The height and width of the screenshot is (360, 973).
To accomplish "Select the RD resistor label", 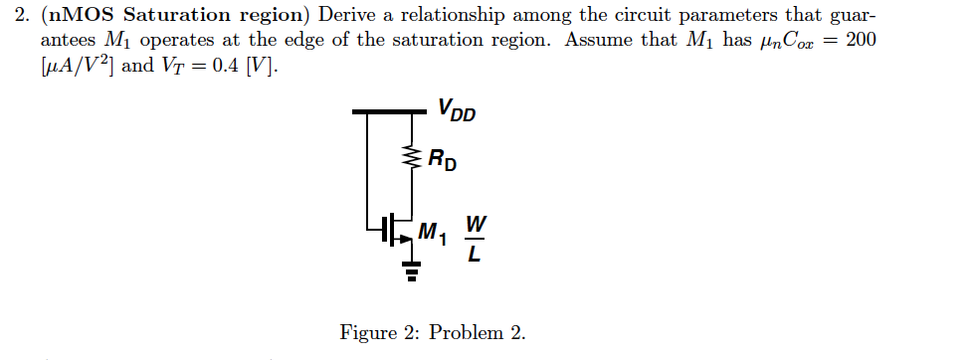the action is pyautogui.click(x=443, y=159).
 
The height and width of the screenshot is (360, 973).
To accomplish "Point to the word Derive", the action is pyautogui.click(x=345, y=18).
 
